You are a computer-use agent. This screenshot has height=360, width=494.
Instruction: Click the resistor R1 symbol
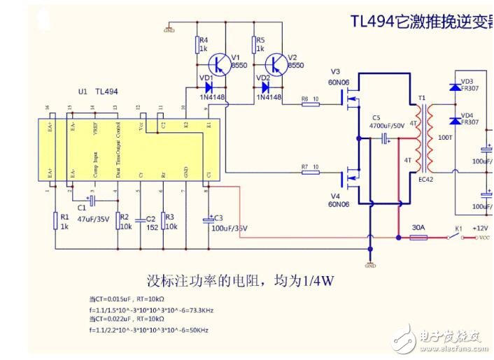(x=55, y=221)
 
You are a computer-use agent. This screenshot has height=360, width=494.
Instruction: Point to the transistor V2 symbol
(x=277, y=64)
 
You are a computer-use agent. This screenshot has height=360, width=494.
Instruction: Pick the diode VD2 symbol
(x=265, y=88)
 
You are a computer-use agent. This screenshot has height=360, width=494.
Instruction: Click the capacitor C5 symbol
(x=385, y=140)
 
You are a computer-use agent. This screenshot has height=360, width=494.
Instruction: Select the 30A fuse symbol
(x=418, y=238)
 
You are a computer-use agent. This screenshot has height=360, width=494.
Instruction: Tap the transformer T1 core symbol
(x=422, y=140)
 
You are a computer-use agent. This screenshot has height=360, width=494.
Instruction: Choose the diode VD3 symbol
(x=453, y=87)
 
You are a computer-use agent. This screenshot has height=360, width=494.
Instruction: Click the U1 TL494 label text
(x=98, y=92)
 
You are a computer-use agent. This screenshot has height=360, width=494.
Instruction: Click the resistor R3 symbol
(x=163, y=221)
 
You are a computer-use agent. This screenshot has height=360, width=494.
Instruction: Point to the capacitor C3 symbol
(x=207, y=220)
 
